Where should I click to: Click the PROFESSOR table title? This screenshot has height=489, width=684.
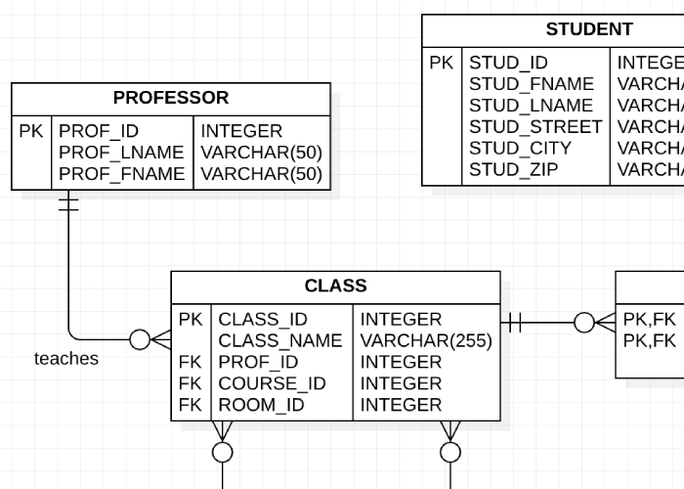click(171, 98)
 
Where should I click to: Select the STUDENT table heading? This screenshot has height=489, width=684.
click(589, 29)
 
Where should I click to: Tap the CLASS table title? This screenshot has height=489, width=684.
click(335, 287)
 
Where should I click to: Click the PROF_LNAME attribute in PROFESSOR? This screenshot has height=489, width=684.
click(121, 153)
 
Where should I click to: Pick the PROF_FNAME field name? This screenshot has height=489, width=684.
click(121, 174)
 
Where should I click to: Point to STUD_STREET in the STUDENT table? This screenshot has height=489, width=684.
click(535, 127)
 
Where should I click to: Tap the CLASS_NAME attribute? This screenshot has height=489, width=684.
click(279, 341)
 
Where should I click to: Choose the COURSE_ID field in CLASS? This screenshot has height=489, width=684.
click(272, 383)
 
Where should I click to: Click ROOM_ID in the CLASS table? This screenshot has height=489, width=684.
click(261, 405)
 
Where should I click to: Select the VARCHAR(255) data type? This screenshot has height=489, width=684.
click(426, 341)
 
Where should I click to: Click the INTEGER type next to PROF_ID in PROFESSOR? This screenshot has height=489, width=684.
click(241, 131)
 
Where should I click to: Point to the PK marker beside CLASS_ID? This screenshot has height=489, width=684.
click(191, 320)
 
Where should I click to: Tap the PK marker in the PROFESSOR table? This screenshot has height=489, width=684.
click(31, 131)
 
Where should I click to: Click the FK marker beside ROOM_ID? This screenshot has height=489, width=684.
click(191, 405)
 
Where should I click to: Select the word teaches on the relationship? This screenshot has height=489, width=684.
click(66, 359)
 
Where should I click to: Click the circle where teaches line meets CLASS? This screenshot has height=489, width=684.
click(140, 339)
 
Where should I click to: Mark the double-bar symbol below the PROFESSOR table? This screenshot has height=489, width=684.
click(68, 203)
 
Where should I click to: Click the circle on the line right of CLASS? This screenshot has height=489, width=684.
click(583, 321)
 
